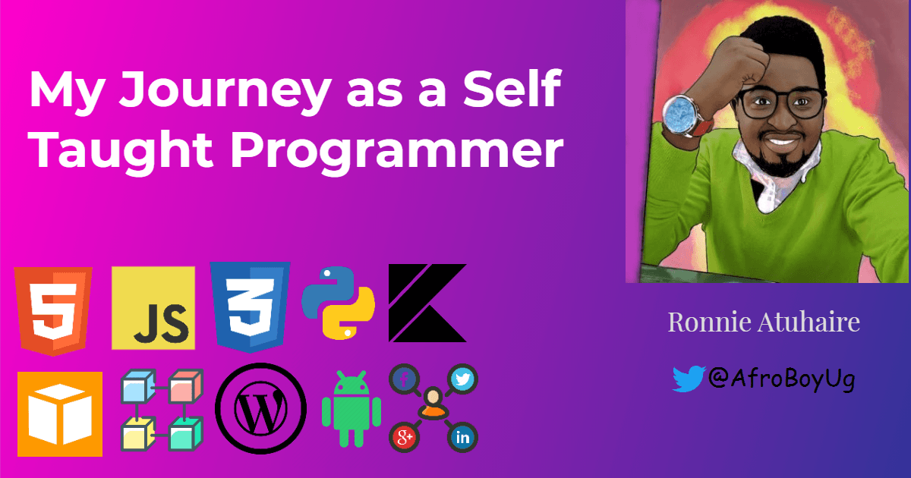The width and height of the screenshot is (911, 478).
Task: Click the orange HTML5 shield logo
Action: coord(52,309)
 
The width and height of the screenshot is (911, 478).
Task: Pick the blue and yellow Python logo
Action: coord(338,302)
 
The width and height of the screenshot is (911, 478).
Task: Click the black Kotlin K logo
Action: coord(427,303)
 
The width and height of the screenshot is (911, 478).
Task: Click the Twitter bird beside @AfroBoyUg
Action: coord(689,379)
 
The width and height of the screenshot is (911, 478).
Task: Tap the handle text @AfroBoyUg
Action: coord(781,378)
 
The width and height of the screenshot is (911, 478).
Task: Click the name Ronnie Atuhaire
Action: coord(764,322)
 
